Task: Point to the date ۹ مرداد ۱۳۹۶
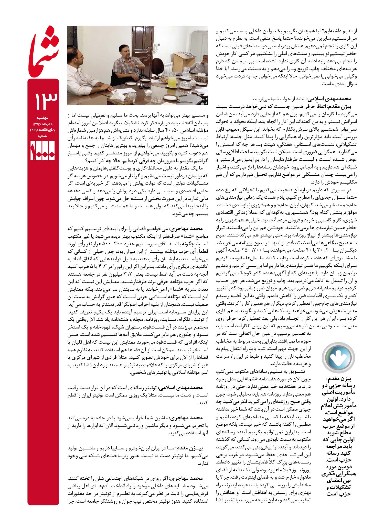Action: click(x=43, y=124)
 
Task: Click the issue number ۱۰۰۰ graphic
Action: click(x=43, y=151)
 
